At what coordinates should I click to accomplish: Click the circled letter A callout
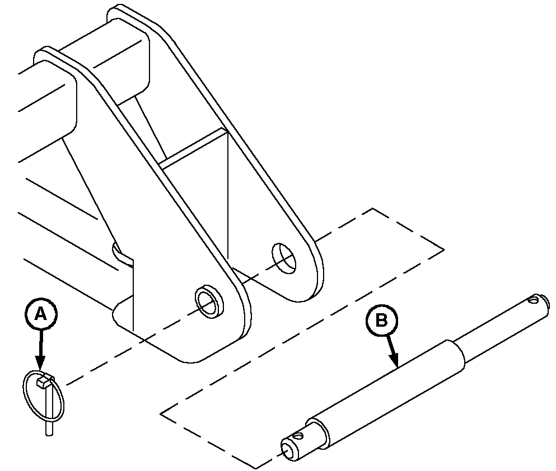click(x=41, y=314)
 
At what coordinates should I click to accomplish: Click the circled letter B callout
click(x=381, y=321)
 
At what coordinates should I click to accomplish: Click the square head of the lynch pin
click(x=42, y=381)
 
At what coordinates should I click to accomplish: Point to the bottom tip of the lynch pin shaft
click(x=49, y=433)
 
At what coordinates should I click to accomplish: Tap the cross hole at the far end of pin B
click(x=532, y=300)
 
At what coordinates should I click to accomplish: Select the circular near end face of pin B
click(x=288, y=449)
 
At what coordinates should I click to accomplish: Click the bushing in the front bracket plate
click(x=209, y=300)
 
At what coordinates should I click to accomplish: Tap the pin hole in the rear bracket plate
click(x=284, y=258)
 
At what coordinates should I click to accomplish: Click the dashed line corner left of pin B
click(x=161, y=413)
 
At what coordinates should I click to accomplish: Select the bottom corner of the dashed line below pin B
click(x=256, y=468)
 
